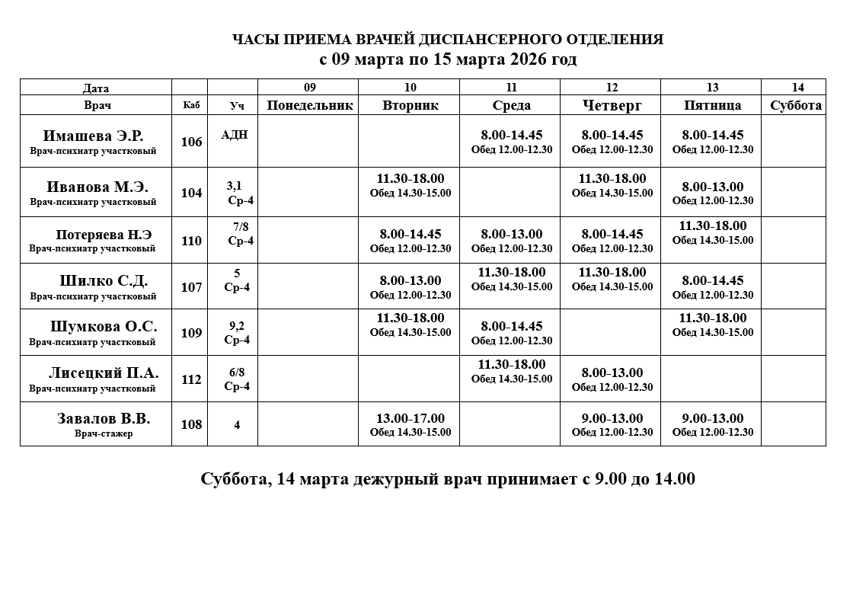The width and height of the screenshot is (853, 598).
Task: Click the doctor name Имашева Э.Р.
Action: pyautogui.click(x=93, y=136)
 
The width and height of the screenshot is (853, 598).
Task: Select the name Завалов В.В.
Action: pyautogui.click(x=104, y=418)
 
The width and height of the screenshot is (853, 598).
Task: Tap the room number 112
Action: pyautogui.click(x=191, y=379)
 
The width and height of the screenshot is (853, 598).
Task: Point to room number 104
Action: pyautogui.click(x=191, y=193)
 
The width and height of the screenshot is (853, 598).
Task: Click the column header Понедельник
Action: pyautogui.click(x=309, y=105)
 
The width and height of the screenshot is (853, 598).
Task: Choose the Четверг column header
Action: pyautogui.click(x=612, y=105)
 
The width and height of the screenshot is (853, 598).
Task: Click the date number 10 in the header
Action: pyautogui.click(x=411, y=88)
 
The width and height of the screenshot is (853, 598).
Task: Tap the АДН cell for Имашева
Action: pyautogui.click(x=234, y=135)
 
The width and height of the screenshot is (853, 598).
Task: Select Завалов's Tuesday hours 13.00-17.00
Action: pyautogui.click(x=411, y=418)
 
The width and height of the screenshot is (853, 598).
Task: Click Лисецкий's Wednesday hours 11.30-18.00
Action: pyautogui.click(x=511, y=364)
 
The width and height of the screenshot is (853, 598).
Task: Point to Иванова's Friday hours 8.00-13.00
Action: pyautogui.click(x=713, y=187)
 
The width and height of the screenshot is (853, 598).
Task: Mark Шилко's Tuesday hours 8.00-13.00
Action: pyautogui.click(x=411, y=280)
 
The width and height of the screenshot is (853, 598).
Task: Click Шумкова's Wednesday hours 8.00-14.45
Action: pyautogui.click(x=511, y=327)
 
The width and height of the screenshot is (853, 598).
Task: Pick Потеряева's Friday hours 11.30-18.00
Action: pyautogui.click(x=713, y=225)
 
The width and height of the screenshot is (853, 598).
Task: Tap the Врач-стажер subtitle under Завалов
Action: pyautogui.click(x=104, y=433)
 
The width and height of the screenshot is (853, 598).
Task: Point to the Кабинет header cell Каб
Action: pyautogui.click(x=191, y=105)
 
